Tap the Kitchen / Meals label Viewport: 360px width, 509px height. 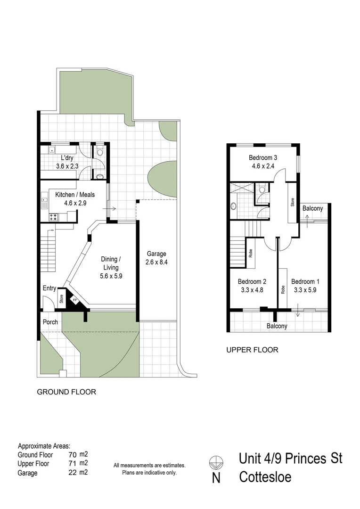coord(75,195)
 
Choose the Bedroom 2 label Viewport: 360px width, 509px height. coord(250,282)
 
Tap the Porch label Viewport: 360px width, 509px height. coord(50,322)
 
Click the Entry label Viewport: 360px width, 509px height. coord(49,288)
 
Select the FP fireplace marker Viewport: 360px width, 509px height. coord(74,299)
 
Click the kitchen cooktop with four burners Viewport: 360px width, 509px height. coord(53,218)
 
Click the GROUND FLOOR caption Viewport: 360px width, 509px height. coord(66,392)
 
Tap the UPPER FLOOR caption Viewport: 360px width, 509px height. coord(252,350)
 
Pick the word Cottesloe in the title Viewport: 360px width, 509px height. coord(265,477)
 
